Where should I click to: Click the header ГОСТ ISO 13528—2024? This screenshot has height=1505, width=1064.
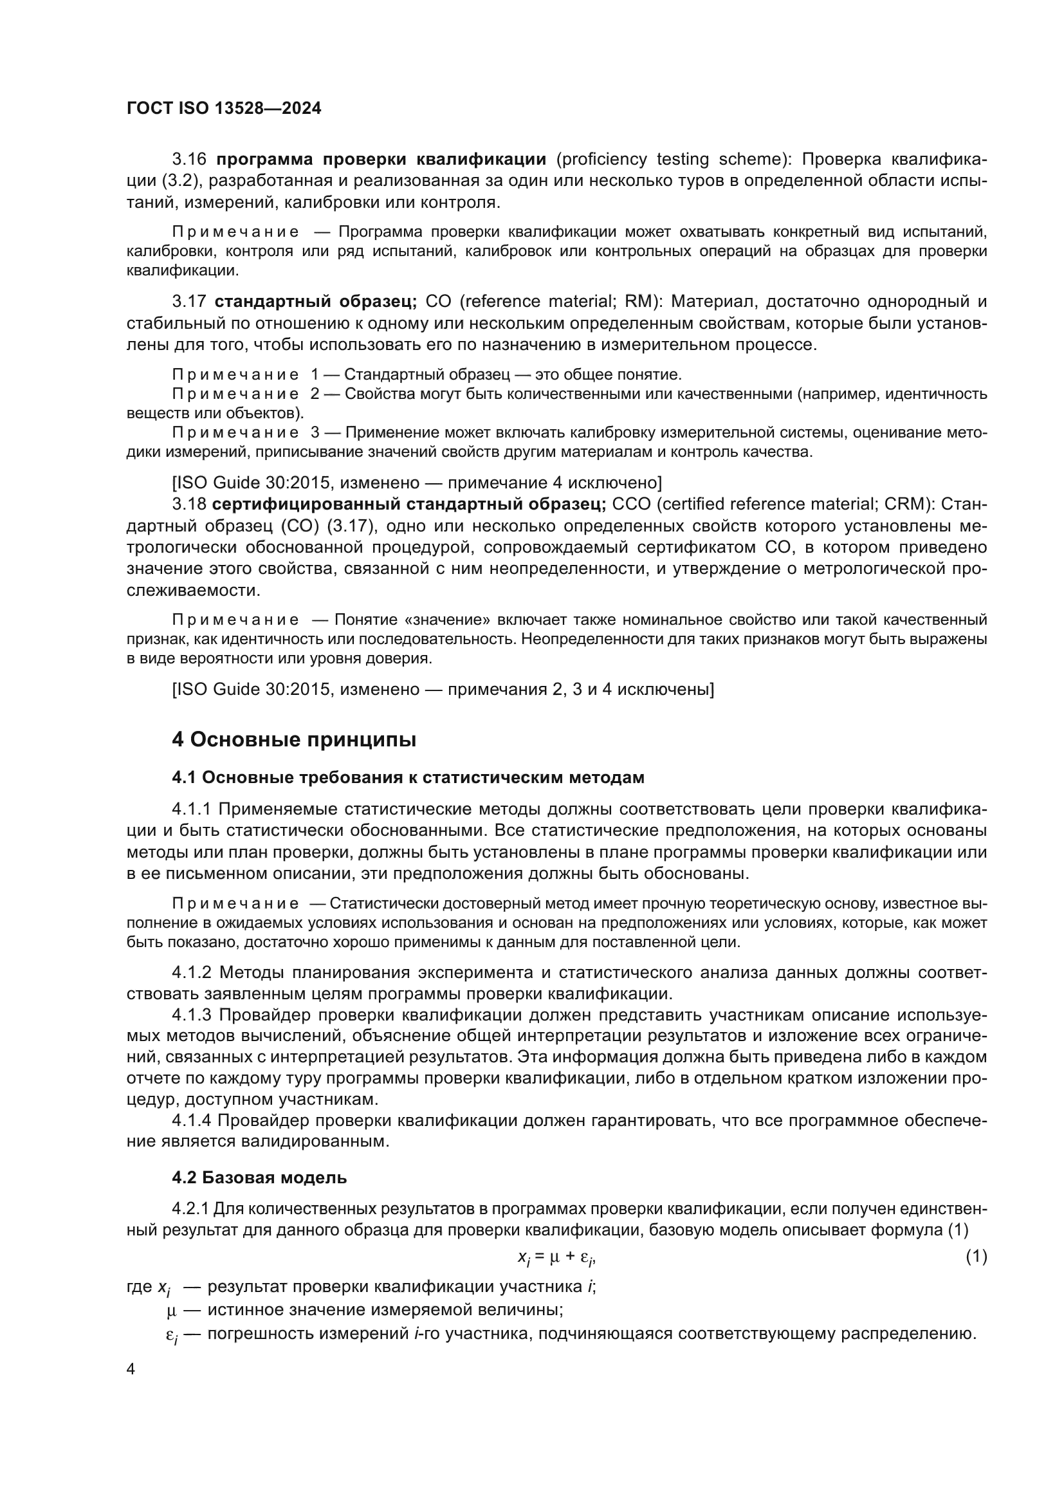click(223, 108)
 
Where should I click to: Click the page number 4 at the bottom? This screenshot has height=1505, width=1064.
click(131, 1369)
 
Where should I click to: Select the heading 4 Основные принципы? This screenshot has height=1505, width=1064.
click(293, 739)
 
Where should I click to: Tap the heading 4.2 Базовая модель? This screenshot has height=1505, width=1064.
click(259, 1177)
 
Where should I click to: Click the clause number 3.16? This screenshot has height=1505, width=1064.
click(188, 160)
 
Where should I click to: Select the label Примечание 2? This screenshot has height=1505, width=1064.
click(245, 394)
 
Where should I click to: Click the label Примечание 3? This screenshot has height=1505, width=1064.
click(245, 432)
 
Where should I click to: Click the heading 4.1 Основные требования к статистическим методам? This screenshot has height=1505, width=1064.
click(407, 777)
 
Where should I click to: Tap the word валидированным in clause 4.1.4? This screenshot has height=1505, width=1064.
click(315, 1142)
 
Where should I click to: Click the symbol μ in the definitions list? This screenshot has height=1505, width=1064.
click(172, 1311)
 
